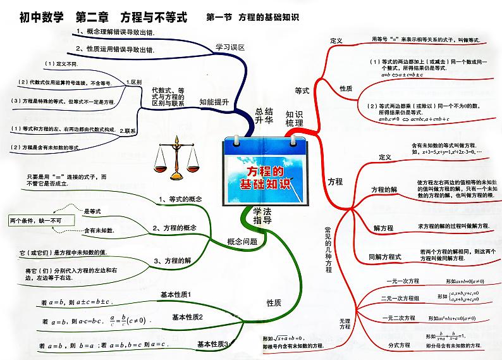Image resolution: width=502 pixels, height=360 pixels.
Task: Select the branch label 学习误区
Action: (230, 47)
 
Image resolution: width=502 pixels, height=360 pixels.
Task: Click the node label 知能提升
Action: (214, 101)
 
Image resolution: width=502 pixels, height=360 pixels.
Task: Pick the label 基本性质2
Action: (187, 317)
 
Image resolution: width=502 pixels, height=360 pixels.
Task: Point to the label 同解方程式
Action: (386, 257)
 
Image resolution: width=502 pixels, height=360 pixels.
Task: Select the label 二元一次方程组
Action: (401, 297)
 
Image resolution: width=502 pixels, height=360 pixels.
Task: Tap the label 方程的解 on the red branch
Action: (384, 189)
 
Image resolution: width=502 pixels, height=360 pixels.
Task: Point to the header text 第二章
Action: (94, 18)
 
